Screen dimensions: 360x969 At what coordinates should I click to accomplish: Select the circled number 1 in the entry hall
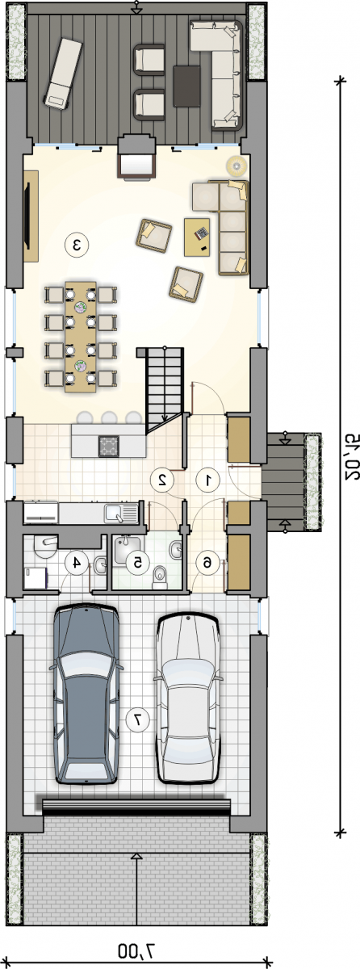pyautogui.click(x=208, y=480)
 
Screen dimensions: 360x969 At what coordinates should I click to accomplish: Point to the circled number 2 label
pyautogui.click(x=162, y=480)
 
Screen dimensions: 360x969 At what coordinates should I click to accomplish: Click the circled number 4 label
pyautogui.click(x=77, y=563)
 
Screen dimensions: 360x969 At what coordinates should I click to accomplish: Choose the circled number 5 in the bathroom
pyautogui.click(x=137, y=563)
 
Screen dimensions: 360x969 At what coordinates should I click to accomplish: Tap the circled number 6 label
pyautogui.click(x=207, y=563)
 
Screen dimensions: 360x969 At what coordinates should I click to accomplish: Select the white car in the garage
pyautogui.click(x=188, y=698)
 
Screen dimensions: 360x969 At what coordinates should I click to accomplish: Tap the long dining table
pyautogui.click(x=81, y=337)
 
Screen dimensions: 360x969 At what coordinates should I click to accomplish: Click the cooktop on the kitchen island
pyautogui.click(x=109, y=446)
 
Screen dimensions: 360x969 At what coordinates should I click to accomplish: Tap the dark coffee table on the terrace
pyautogui.click(x=187, y=86)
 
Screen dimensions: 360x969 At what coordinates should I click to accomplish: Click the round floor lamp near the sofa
pyautogui.click(x=237, y=165)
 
